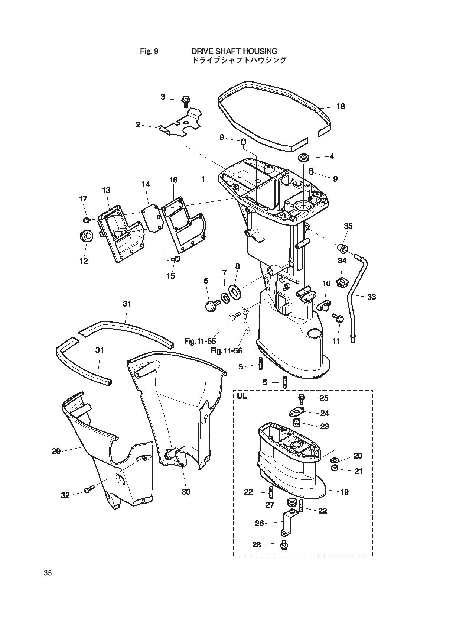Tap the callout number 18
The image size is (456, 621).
pyautogui.click(x=341, y=106)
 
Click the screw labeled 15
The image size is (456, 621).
pyautogui.click(x=176, y=259)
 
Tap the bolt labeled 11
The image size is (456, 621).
pyautogui.click(x=339, y=317)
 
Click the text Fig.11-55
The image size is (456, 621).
pyautogui.click(x=200, y=341)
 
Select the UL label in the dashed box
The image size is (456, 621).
pyautogui.click(x=242, y=397)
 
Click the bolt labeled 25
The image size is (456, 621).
pyautogui.click(x=302, y=398)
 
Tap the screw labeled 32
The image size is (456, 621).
pyautogui.click(x=88, y=490)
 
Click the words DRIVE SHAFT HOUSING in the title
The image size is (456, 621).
pyautogui.click(x=234, y=51)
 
